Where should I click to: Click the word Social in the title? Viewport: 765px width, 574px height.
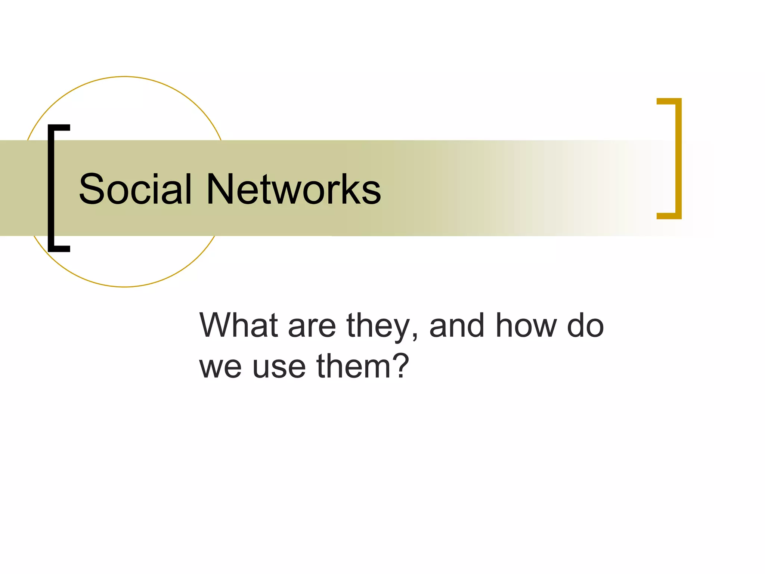135,189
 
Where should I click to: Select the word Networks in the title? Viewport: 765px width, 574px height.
294,189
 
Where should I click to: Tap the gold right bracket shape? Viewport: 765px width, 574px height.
678,158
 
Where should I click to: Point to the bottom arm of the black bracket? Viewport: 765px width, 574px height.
60,249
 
